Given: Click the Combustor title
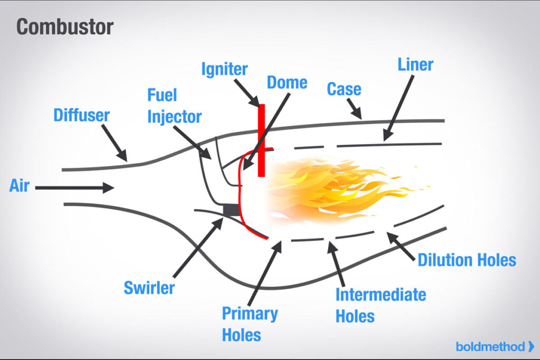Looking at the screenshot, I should (65, 27).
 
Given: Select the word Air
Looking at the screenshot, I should (19, 186).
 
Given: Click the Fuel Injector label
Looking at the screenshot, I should (174, 106).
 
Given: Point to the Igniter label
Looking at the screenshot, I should (224, 69).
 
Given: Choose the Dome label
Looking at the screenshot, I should (287, 82).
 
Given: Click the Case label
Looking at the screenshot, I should (344, 89).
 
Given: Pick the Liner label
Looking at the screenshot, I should (415, 65).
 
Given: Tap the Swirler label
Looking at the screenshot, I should (149, 288).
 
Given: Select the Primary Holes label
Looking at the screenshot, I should (249, 324).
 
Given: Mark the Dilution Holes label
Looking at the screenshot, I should (467, 260).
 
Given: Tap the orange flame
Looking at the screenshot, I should (337, 190).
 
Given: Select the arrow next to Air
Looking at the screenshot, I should (74, 187).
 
